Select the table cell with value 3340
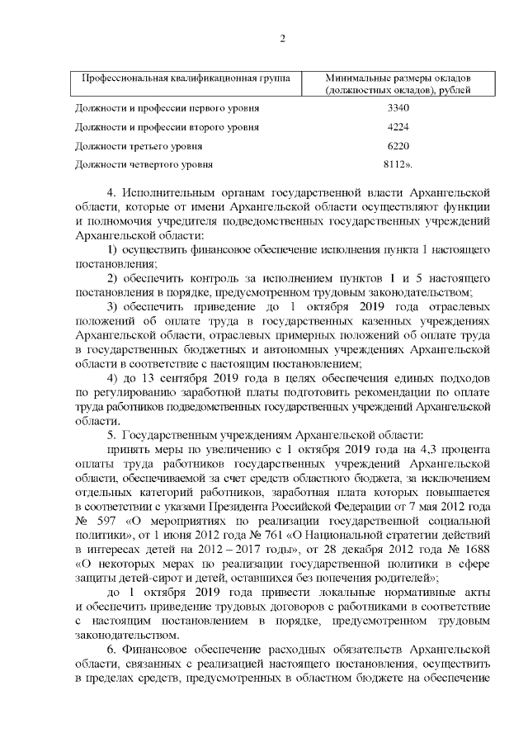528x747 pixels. tap(398, 108)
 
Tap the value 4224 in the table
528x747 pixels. tap(398, 127)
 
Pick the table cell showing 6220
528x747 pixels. tap(398, 145)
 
